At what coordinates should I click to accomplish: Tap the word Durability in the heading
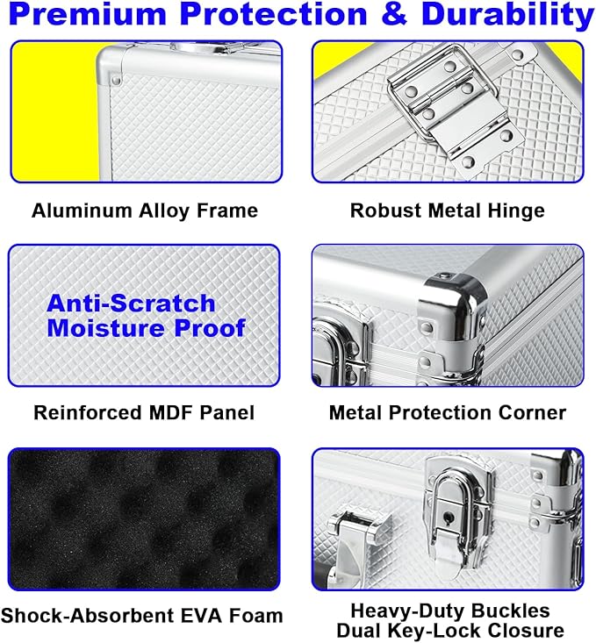[507, 15]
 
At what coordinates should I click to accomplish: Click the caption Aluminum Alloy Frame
[145, 211]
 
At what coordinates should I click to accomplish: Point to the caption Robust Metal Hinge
[448, 211]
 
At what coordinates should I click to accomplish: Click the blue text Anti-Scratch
[131, 304]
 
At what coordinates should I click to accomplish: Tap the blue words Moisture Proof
[146, 328]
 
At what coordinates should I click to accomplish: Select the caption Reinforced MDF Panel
[144, 412]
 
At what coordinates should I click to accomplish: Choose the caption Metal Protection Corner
[448, 412]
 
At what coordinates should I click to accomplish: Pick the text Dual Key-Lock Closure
[450, 631]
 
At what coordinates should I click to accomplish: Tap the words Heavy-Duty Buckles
[450, 611]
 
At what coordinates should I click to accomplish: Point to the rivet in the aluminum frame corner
[116, 79]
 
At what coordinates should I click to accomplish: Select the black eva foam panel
[144, 519]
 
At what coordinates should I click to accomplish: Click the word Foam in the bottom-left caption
[255, 616]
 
